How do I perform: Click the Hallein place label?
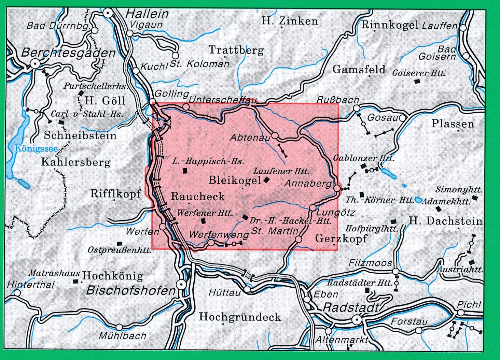pyautogui.click(x=147, y=14)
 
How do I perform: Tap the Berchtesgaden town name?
pyautogui.click(x=68, y=53)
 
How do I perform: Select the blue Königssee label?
pyautogui.click(x=36, y=148)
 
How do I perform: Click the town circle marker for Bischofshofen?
pyautogui.click(x=181, y=284)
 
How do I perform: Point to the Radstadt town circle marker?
pyautogui.click(x=357, y=320)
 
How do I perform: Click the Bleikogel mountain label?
pyautogui.click(x=235, y=180)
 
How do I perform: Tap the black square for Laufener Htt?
pyautogui.click(x=266, y=181)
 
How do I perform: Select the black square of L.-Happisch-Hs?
pyautogui.click(x=185, y=171)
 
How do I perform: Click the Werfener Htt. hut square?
pyautogui.click(x=204, y=221)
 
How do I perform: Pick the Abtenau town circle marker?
pyautogui.click(x=275, y=136)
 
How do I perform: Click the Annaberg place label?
pyautogui.click(x=308, y=184)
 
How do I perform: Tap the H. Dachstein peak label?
pyautogui.click(x=445, y=221)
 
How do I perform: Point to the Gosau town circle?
pyautogui.click(x=402, y=118)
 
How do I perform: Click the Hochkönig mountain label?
pyautogui.click(x=113, y=275)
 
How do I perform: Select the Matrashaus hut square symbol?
pyautogui.click(x=75, y=282)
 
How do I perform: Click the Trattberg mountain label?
pyautogui.click(x=236, y=50)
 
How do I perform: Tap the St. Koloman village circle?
pyautogui.click(x=175, y=55)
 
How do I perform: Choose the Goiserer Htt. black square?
pyautogui.click(x=417, y=81)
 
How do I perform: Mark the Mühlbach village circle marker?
pyautogui.click(x=119, y=327)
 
